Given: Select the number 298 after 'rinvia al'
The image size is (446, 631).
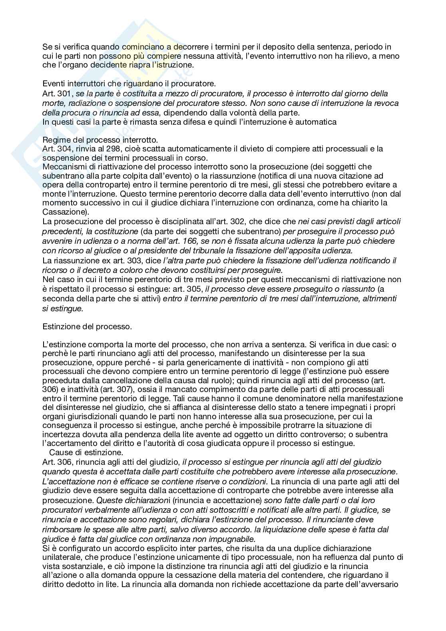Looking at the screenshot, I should [99, 149].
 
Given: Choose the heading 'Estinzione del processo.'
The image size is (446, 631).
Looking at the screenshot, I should [87, 326].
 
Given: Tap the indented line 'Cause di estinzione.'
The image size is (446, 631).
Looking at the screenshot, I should [86, 452].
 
